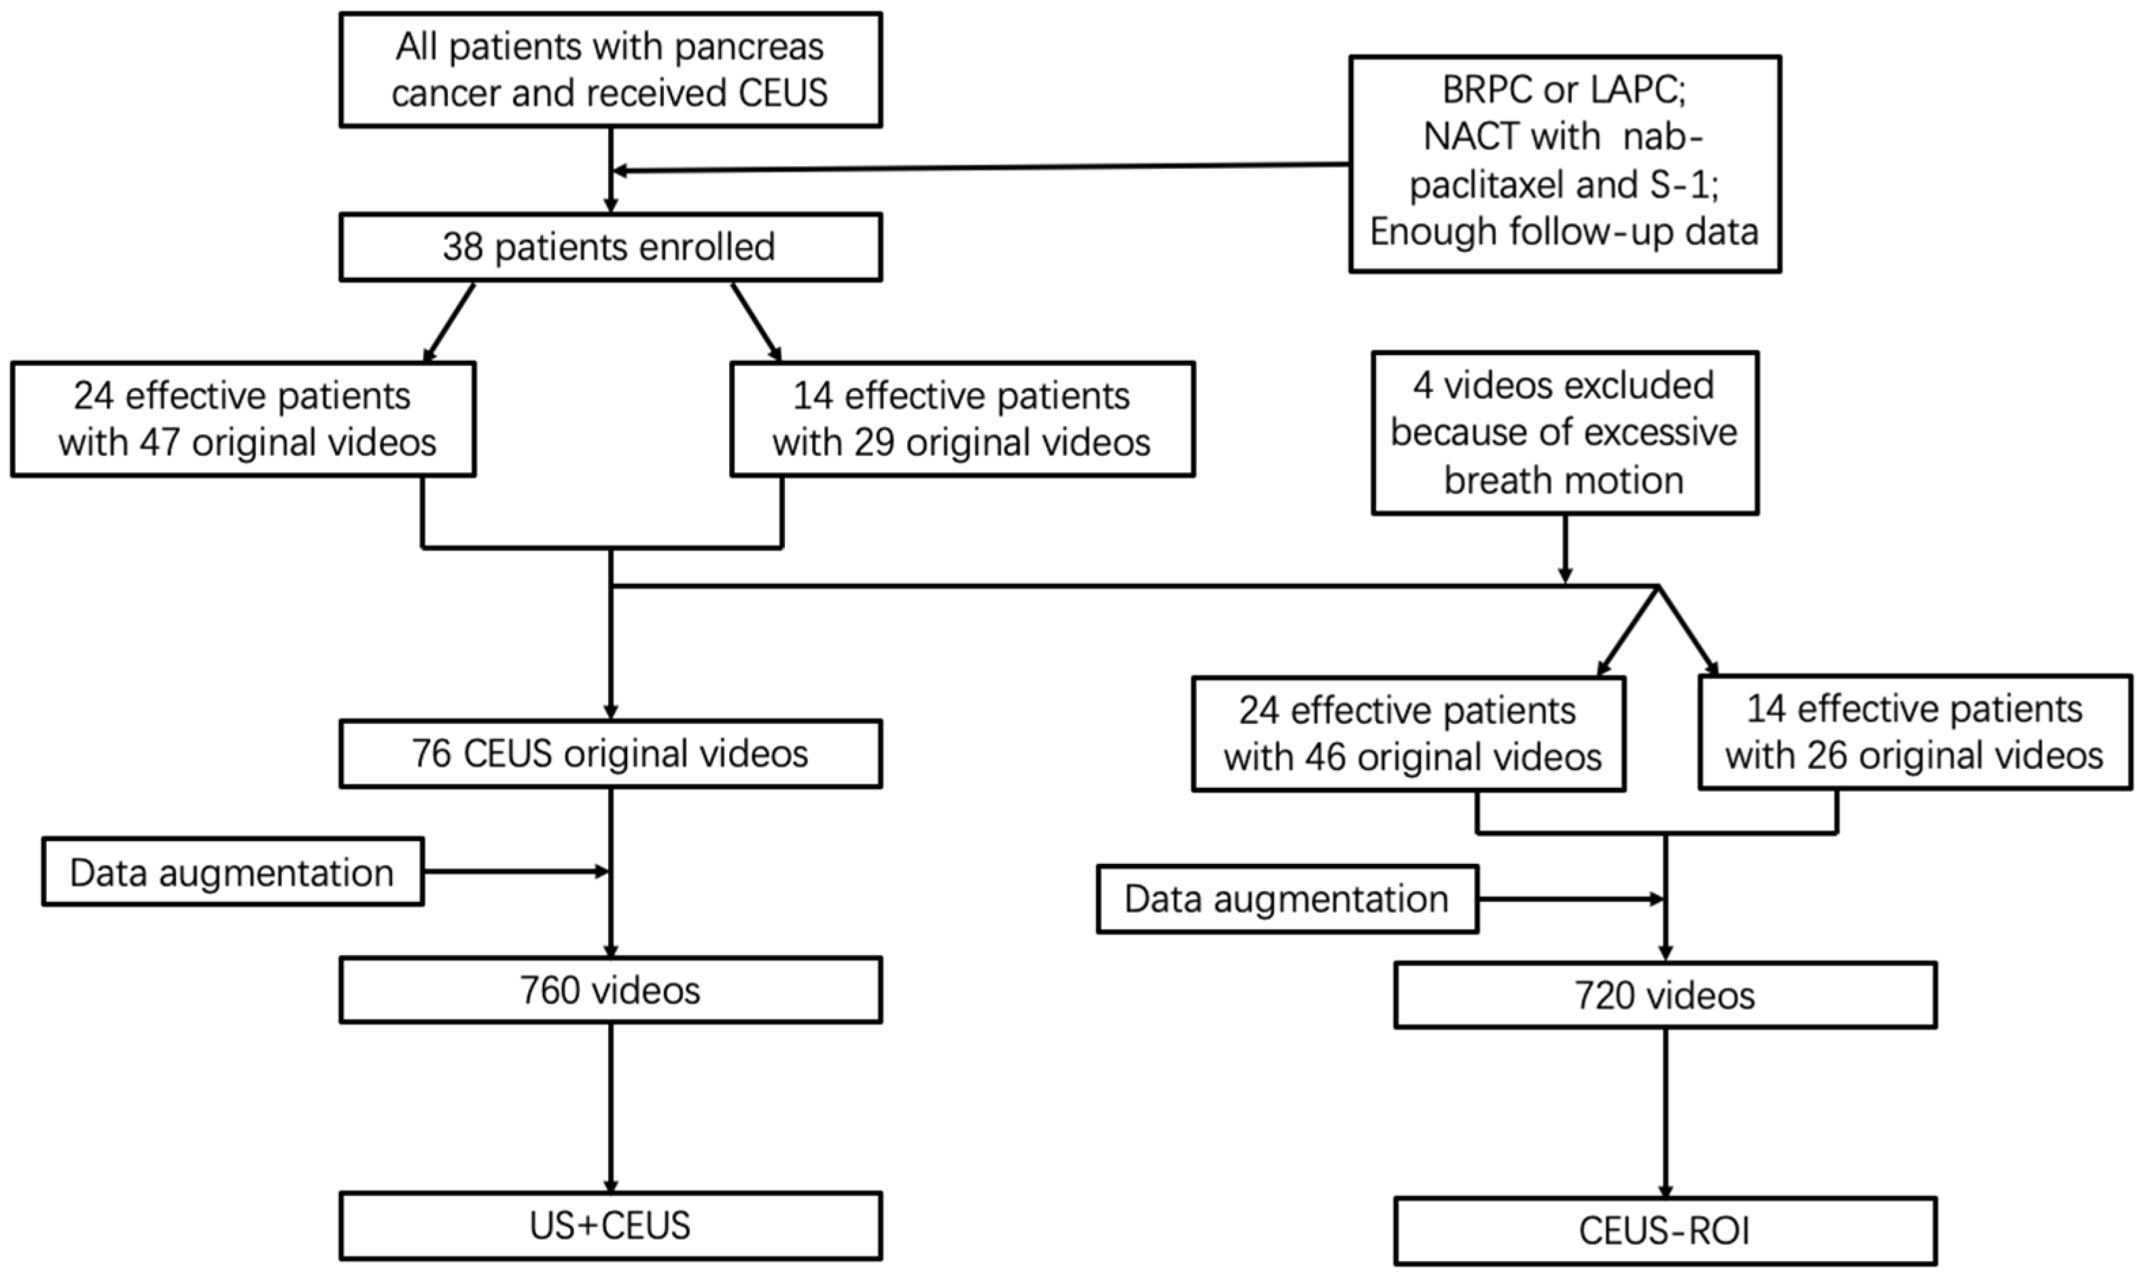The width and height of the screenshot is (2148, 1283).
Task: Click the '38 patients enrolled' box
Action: pos(610,247)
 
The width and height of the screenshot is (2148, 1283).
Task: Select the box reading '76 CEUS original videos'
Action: pos(610,754)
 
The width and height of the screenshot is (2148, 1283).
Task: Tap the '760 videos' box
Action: pos(610,991)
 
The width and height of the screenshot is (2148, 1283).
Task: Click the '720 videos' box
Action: pos(1665,996)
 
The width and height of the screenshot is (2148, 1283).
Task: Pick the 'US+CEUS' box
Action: pos(610,1226)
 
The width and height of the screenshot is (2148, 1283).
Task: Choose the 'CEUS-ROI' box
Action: pos(1665,1231)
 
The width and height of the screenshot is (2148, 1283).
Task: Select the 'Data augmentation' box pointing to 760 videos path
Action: pos(232,872)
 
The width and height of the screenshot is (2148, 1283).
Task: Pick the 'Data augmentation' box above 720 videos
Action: pos(1287,899)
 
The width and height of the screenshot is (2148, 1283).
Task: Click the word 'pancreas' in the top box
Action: pos(748,48)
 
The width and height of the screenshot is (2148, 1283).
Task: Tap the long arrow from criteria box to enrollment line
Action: pos(977,168)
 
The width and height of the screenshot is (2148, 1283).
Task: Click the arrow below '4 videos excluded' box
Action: pos(1564,549)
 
